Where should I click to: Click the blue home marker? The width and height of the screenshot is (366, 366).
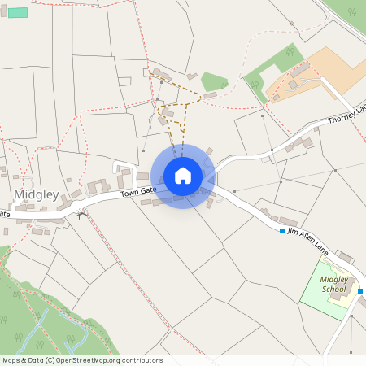[183, 175]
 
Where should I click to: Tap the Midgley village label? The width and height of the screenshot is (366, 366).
[37, 195]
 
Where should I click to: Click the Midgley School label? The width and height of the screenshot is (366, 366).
[333, 284]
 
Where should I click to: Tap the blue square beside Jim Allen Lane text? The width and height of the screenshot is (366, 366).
[282, 232]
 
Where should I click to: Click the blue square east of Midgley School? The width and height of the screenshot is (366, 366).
[360, 291]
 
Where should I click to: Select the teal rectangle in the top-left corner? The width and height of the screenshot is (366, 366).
[17, 12]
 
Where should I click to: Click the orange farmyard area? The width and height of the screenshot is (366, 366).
[325, 69]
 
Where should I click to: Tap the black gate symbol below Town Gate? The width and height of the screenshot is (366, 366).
[80, 216]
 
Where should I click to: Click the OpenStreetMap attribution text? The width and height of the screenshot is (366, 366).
[81, 360]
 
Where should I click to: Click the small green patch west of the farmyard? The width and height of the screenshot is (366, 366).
[214, 81]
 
